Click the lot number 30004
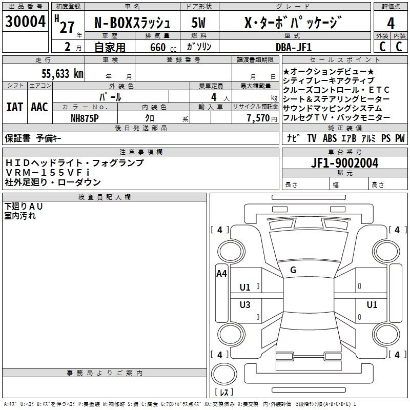click(x=26, y=22)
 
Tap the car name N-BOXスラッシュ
click(x=135, y=23)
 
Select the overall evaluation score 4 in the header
click(x=391, y=23)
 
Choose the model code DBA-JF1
click(x=293, y=47)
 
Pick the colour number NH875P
click(x=85, y=118)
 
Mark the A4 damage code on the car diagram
click(x=221, y=274)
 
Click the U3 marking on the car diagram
click(x=245, y=305)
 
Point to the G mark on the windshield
click(x=293, y=270)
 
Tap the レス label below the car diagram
click(x=223, y=392)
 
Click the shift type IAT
click(x=14, y=107)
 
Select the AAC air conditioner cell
click(x=39, y=107)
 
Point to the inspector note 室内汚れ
click(x=20, y=216)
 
